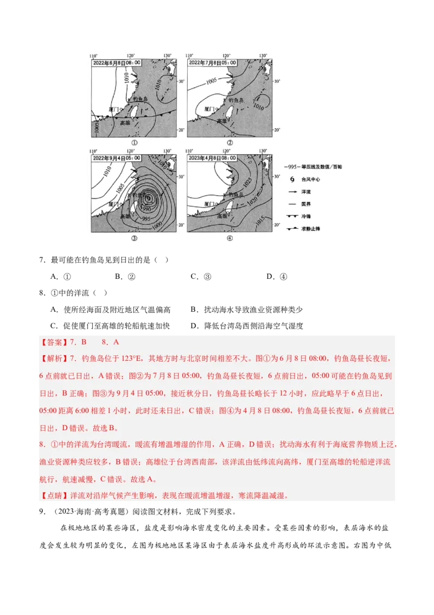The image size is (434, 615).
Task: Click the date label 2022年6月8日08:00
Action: click(116, 63)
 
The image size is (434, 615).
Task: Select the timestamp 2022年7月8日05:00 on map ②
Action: click(212, 63)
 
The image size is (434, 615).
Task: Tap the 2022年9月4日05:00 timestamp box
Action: click(116, 158)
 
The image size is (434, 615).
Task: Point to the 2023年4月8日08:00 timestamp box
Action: click(212, 158)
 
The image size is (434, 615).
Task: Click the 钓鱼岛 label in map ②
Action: click(238, 100)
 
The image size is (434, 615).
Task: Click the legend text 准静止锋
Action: click(311, 229)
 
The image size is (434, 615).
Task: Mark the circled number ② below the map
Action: click(229, 143)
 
